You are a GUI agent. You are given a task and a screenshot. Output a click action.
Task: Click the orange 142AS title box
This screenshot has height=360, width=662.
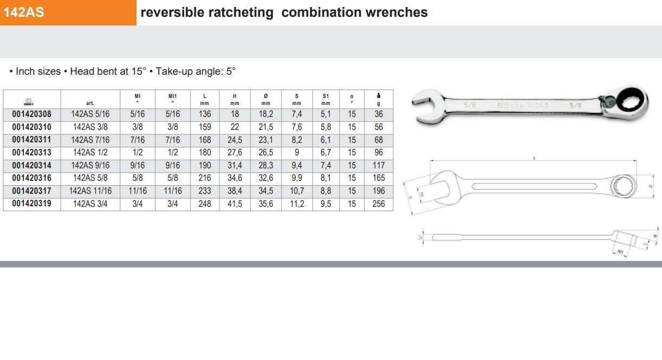(x=68, y=12)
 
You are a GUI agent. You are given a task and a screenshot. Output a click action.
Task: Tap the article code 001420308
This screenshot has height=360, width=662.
(x=31, y=114)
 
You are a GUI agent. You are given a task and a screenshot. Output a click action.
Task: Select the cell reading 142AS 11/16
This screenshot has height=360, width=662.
(x=90, y=191)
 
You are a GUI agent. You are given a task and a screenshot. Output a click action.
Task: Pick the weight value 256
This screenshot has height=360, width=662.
(x=379, y=204)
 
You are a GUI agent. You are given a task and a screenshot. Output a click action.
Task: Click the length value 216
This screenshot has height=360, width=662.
(x=205, y=178)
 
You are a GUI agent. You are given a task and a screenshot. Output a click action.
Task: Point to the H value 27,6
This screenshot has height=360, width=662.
(x=235, y=153)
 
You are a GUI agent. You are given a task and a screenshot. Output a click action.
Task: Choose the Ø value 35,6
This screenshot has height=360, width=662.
(x=265, y=204)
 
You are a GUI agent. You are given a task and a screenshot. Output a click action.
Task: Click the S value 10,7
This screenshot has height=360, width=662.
(x=297, y=191)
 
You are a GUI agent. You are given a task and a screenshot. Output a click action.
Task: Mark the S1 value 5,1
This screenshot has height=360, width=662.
(x=326, y=114)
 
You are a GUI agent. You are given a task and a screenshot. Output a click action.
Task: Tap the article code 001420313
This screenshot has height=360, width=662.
(x=31, y=153)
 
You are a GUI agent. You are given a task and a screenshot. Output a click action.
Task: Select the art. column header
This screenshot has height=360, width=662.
(x=90, y=103)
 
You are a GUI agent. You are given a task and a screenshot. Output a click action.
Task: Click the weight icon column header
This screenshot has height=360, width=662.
(x=379, y=99)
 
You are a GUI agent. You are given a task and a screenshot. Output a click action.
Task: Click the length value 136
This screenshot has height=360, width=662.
(x=205, y=114)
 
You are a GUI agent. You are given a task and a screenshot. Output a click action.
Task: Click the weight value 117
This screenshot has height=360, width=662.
(x=379, y=166)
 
